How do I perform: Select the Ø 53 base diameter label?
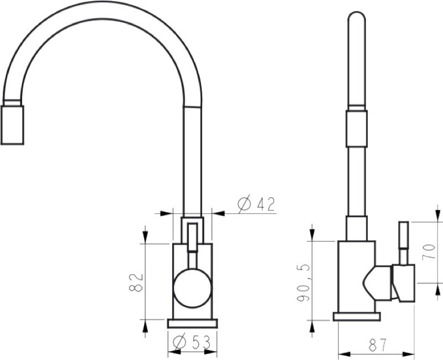pyautogui.click(x=191, y=343)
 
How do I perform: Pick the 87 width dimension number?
pyautogui.click(x=378, y=344)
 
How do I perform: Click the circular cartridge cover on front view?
pyautogui.click(x=192, y=288)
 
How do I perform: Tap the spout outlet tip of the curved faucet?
pyautogui.click(x=12, y=125)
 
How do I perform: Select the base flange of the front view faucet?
pyautogui.click(x=192, y=323)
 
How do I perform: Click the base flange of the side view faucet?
pyautogui.click(x=357, y=316)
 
